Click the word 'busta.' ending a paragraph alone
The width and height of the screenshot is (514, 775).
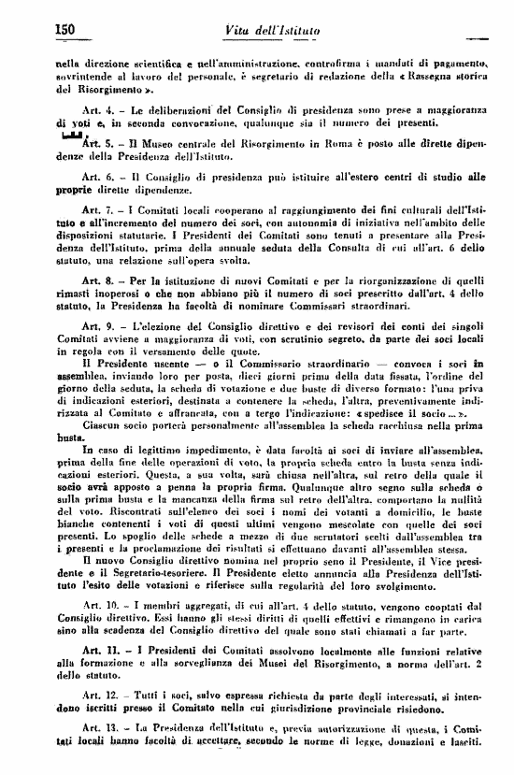click(71, 437)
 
